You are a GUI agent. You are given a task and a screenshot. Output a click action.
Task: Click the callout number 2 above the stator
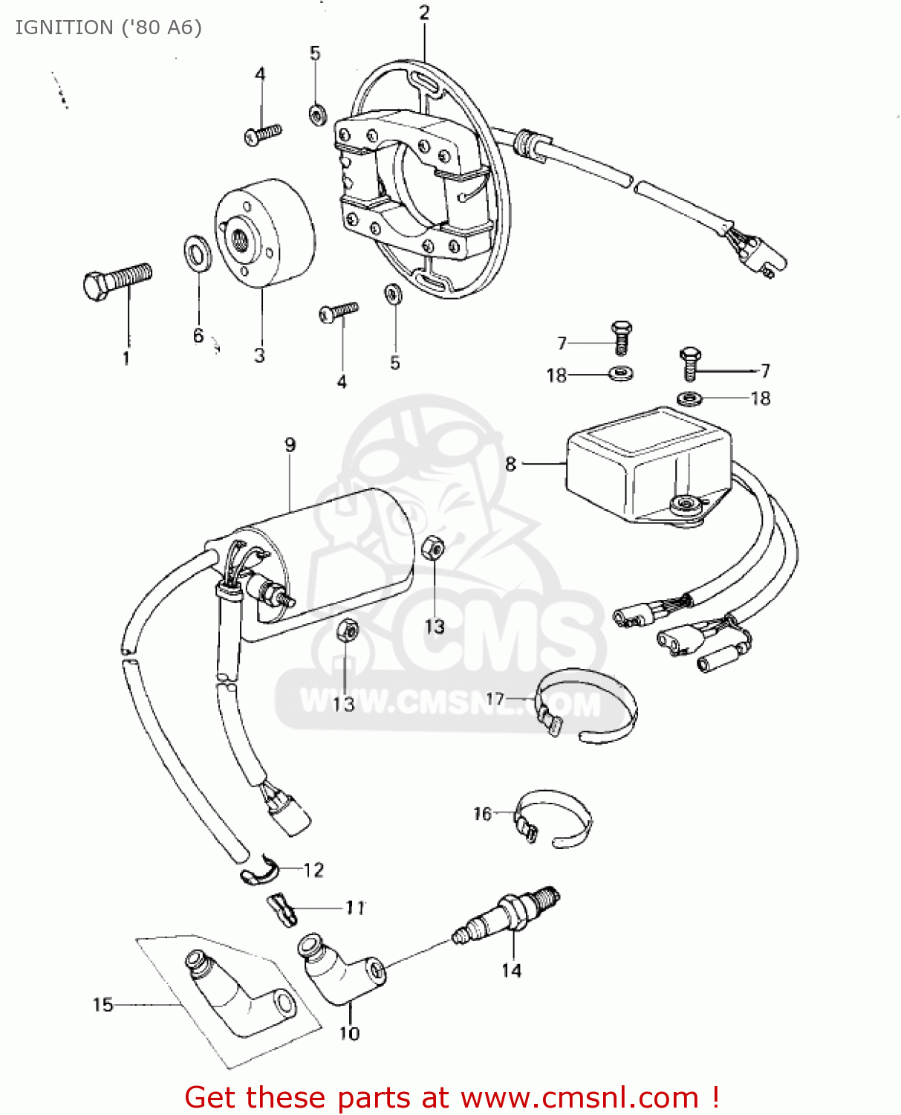[x=424, y=13]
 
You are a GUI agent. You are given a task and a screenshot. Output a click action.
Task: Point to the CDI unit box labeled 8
[x=646, y=465]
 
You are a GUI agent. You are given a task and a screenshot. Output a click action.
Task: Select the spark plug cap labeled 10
[x=342, y=969]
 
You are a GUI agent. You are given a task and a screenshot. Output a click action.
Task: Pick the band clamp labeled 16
[x=554, y=818]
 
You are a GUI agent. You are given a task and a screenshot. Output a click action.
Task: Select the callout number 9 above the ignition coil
[x=290, y=445]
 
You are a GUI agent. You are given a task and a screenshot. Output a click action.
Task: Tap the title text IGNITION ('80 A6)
[x=108, y=28]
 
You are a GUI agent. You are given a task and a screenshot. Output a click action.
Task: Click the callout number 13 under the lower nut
[x=343, y=703]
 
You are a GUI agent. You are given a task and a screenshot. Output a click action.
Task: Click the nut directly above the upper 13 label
[x=432, y=549]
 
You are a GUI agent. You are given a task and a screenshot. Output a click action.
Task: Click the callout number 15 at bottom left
[x=103, y=1005]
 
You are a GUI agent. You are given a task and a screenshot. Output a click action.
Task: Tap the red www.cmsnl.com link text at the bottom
[x=579, y=1097]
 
